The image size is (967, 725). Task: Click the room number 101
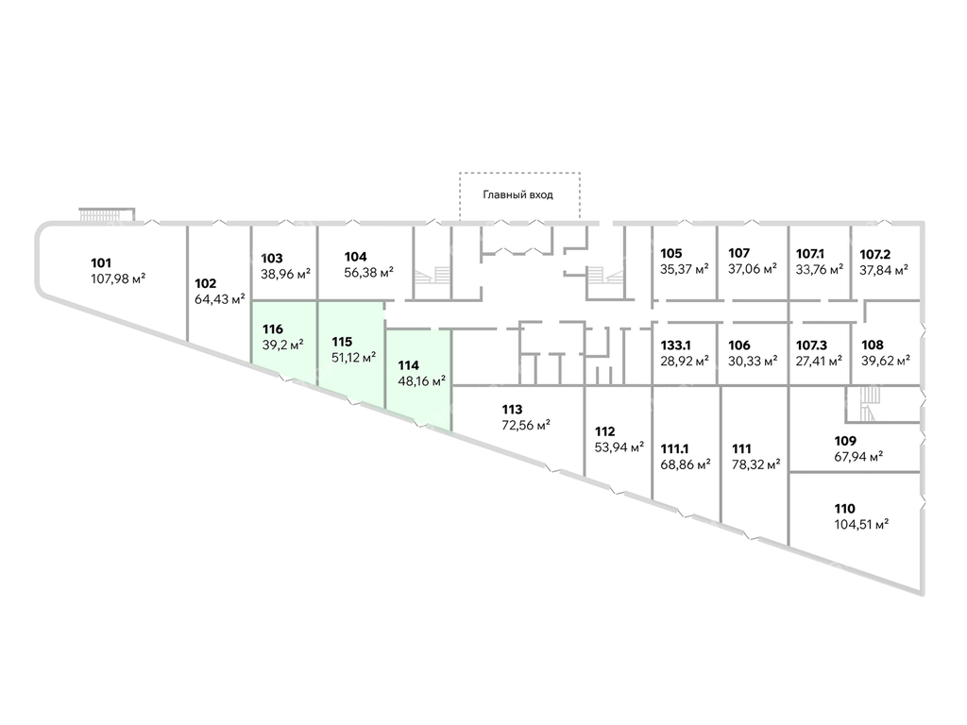pyautogui.click(x=101, y=262)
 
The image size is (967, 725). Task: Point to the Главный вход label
pyautogui.click(x=517, y=194)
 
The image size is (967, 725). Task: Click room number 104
pyautogui.click(x=355, y=257)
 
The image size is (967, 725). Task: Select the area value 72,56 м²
pyautogui.click(x=526, y=425)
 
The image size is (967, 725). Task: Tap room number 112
pyautogui.click(x=605, y=431)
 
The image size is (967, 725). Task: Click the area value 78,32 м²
pyautogui.click(x=756, y=464)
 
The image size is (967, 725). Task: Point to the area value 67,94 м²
pyautogui.click(x=858, y=456)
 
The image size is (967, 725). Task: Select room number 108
pyautogui.click(x=872, y=345)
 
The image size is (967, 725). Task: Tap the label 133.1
pyautogui.click(x=677, y=346)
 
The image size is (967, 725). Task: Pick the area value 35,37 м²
pyautogui.click(x=685, y=268)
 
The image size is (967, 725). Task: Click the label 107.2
pyautogui.click(x=875, y=253)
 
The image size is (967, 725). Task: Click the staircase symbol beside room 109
pyautogui.click(x=866, y=406)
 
